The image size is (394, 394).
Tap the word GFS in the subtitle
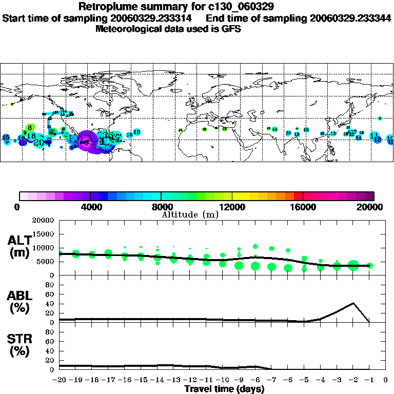pyautogui.click(x=231, y=29)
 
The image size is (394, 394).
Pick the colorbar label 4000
pyautogui.click(x=90, y=207)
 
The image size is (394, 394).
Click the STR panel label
pyautogui.click(x=19, y=344)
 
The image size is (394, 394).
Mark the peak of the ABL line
pyautogui.click(x=353, y=303)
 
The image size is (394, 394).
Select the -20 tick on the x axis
pyautogui.click(x=60, y=380)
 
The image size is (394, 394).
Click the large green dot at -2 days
pyautogui.click(x=353, y=265)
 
